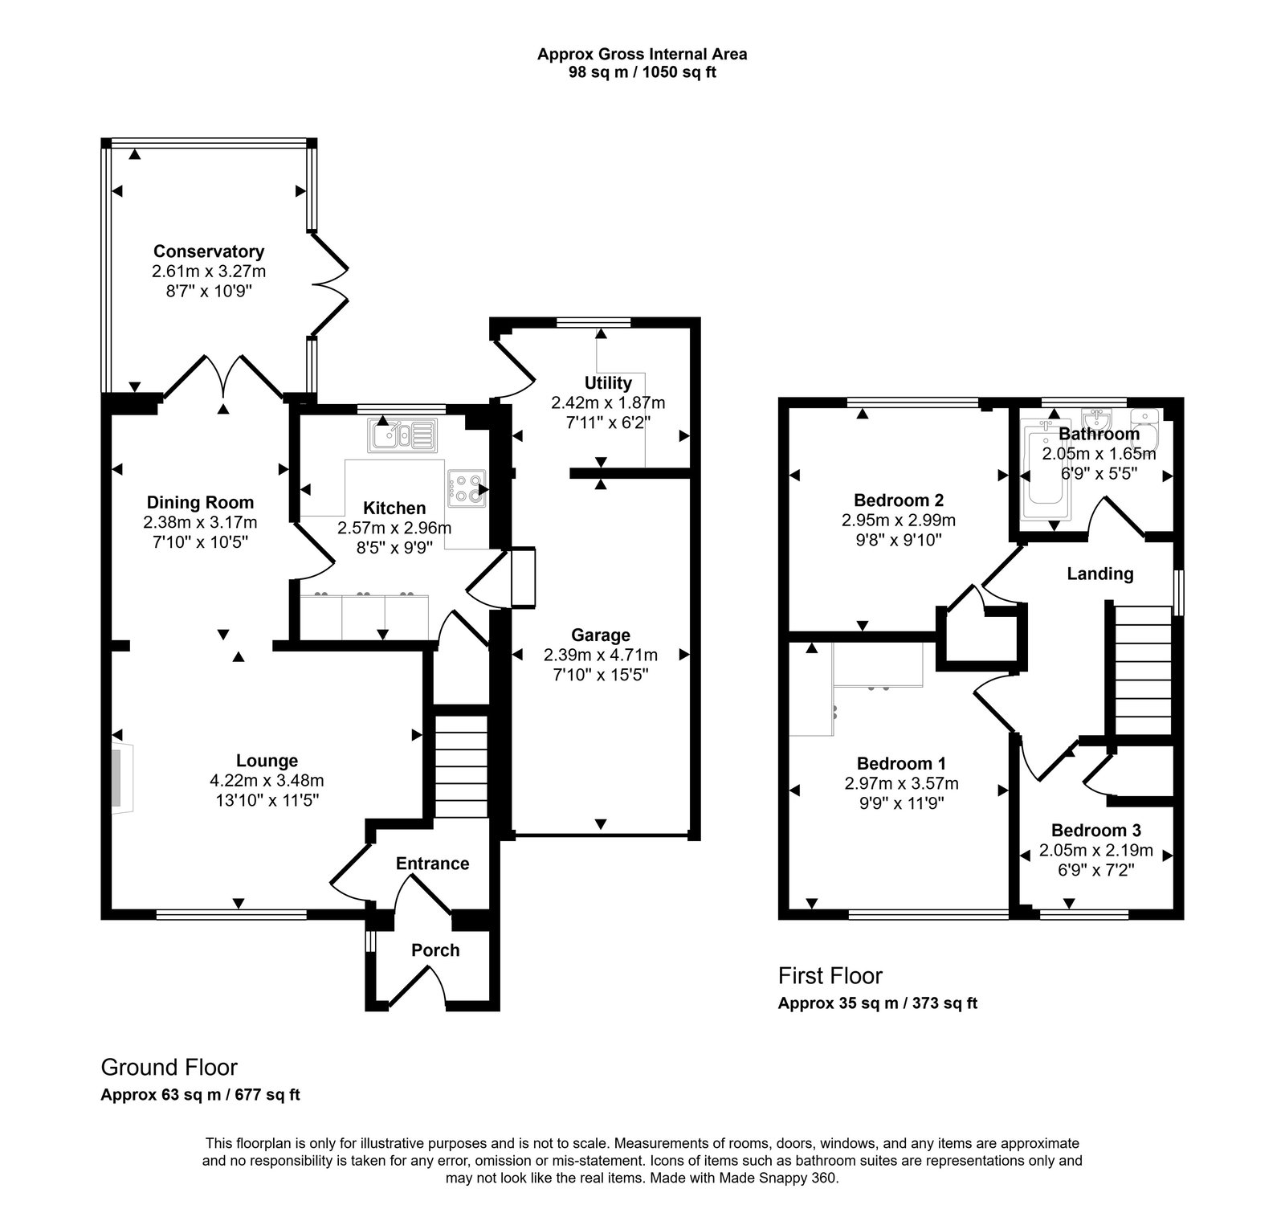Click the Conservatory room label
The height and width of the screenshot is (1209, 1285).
pos(209,251)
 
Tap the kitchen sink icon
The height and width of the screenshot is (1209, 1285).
pos(402,435)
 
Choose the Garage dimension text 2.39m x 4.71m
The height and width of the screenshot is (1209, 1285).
pos(600,655)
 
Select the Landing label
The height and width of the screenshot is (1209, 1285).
pos(1099,574)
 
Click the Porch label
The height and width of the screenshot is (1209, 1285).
pos(435,950)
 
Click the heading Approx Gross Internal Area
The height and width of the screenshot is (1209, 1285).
pos(642,55)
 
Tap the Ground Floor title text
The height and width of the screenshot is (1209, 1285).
pos(169,1068)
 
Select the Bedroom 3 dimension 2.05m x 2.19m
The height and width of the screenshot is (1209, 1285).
pos(1095,850)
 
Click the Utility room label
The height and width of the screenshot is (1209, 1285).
pos(608,383)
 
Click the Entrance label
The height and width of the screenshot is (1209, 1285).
pos(432,864)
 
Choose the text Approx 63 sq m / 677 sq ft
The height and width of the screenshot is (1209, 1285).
pos(200,1095)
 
